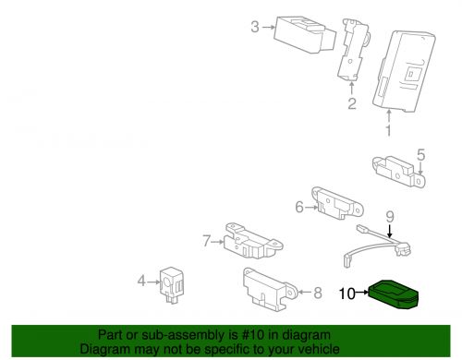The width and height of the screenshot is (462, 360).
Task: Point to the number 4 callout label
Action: click(x=140, y=280)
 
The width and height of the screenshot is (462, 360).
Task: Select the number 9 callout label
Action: click(x=389, y=218)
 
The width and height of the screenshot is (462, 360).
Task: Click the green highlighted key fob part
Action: click(x=391, y=294)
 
